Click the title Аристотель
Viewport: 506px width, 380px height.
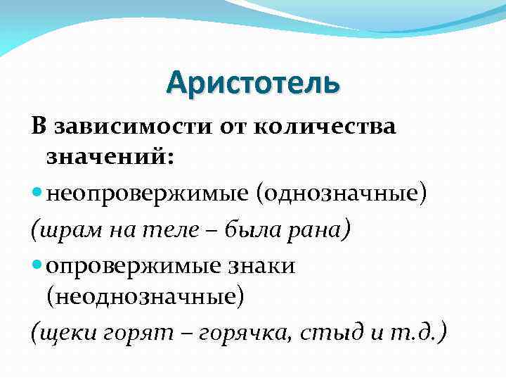(253, 84)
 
